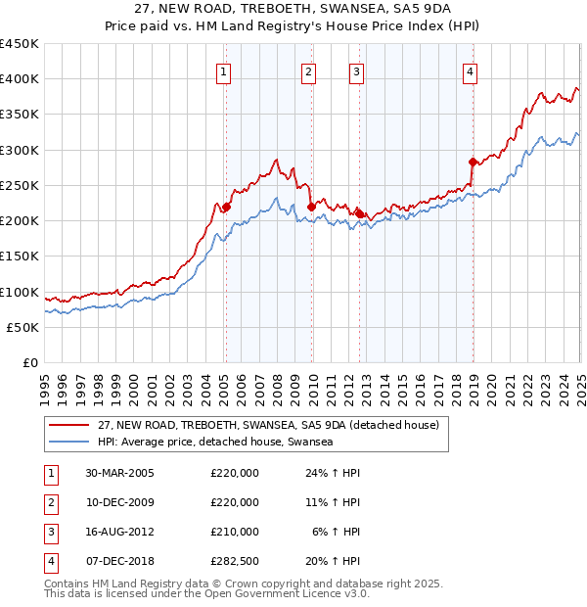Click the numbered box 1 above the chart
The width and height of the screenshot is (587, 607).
[225, 71]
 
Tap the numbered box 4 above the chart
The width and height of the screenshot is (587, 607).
[471, 71]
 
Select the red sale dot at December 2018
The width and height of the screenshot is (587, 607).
[473, 162]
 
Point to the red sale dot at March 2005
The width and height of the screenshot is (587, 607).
[226, 207]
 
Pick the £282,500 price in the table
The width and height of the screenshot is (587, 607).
[235, 562]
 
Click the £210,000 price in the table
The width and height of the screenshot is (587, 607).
[235, 533]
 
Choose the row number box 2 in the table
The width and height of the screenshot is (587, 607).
[48, 503]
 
